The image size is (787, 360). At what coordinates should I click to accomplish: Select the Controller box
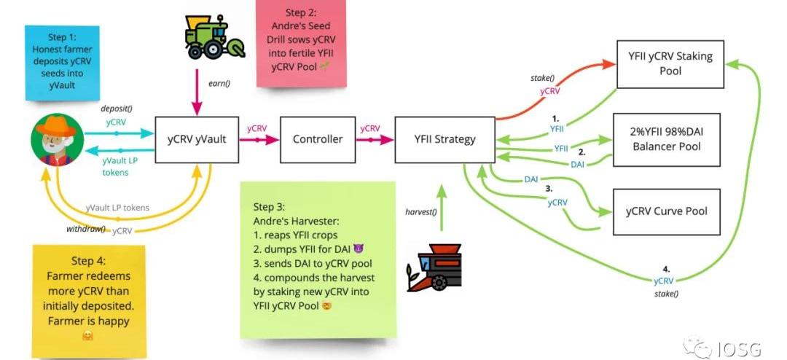click(317, 138)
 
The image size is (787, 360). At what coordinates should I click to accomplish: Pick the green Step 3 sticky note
click(318, 259)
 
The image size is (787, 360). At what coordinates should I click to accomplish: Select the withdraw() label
click(87, 229)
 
